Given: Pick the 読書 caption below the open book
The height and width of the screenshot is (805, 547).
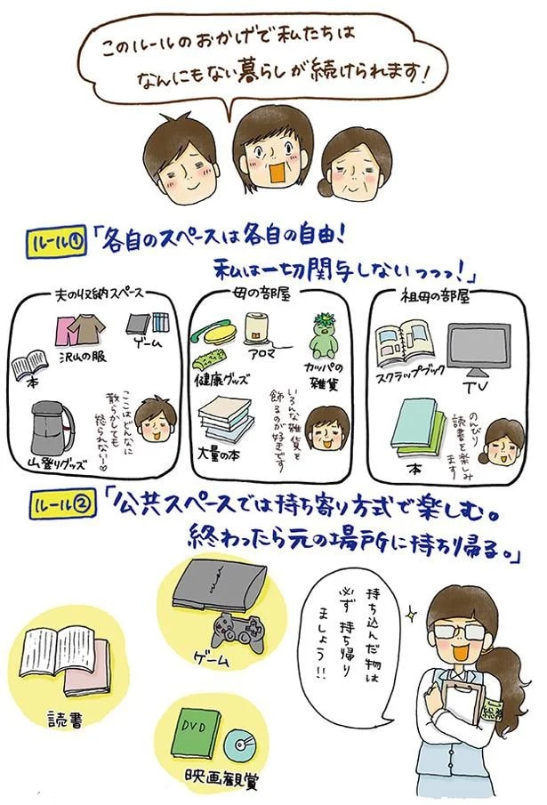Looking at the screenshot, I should coord(67,718).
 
